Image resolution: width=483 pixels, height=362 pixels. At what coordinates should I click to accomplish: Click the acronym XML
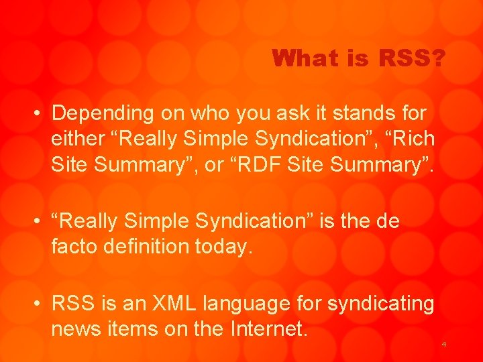(185, 304)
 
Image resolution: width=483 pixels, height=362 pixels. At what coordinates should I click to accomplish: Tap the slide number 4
(443, 344)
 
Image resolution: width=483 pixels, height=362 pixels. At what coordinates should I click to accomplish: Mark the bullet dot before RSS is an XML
(38, 304)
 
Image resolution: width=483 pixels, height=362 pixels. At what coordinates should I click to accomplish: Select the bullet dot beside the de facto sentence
(38, 221)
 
